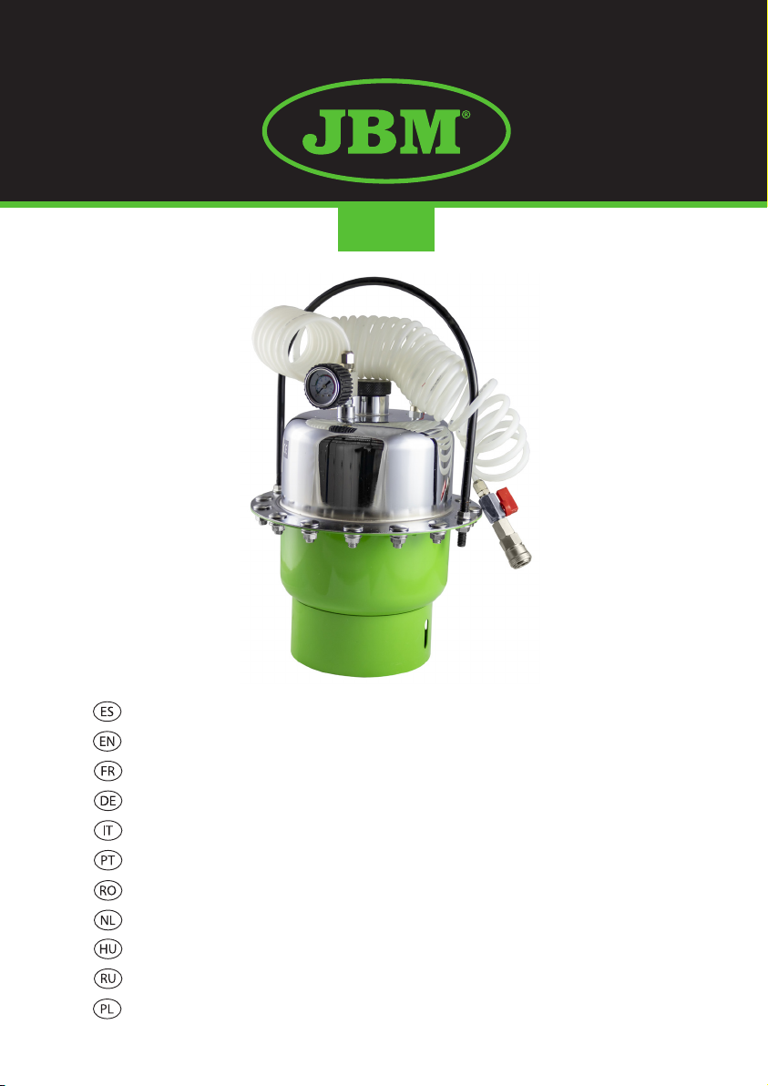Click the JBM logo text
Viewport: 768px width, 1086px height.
[x=380, y=131]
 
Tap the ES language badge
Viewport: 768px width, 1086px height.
[x=107, y=712]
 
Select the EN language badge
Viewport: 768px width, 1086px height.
[x=107, y=741]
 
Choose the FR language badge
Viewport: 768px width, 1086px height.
[x=107, y=771]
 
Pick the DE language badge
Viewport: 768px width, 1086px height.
[x=107, y=801]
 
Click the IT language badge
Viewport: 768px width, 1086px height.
[x=107, y=830]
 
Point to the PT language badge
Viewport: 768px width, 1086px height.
[x=107, y=860]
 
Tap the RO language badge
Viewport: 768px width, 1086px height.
[x=107, y=890]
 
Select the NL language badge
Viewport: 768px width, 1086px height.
[x=107, y=920]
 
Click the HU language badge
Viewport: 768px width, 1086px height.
[x=107, y=948]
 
